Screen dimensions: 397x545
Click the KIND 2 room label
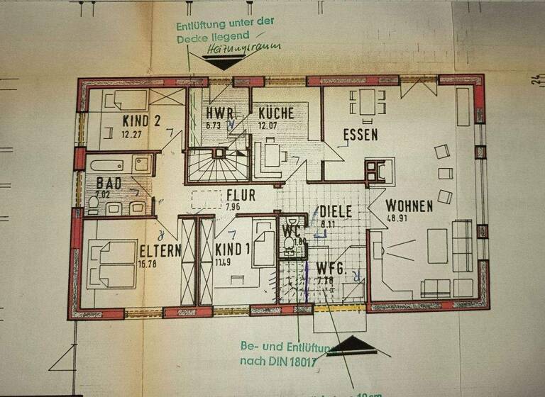(141, 119)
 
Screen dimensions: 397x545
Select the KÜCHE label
(277, 113)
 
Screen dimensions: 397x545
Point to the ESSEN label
(360, 135)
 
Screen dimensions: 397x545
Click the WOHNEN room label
(409, 206)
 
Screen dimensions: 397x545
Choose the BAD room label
(109, 184)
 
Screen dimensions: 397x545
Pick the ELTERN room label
(160, 251)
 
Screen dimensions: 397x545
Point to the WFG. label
(331, 269)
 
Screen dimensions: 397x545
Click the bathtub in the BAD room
(121, 165)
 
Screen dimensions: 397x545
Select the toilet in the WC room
(289, 245)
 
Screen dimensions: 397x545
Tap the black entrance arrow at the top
(224, 63)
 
